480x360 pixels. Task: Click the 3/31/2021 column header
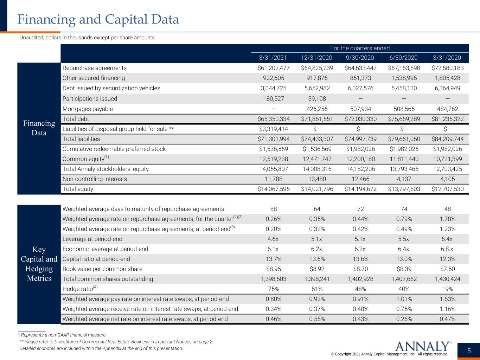273,58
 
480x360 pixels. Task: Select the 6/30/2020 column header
403,58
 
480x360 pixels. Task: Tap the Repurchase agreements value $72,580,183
447,68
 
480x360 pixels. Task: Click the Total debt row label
76,119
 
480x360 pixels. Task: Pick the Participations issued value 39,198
317,98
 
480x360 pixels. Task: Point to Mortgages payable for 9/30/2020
360,109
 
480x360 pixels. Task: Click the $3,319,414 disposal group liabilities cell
273,129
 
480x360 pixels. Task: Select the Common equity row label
85,159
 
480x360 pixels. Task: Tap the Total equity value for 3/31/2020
447,189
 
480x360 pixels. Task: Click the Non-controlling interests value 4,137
404,179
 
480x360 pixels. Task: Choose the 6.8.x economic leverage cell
447,249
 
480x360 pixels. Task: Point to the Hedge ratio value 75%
273,289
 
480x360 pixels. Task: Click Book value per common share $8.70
360,269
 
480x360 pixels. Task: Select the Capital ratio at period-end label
96,259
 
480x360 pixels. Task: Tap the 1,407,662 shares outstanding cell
404,279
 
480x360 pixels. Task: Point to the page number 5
469,351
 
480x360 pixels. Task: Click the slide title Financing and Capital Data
98,19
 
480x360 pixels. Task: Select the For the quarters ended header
360,48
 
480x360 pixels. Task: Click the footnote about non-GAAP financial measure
62,335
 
